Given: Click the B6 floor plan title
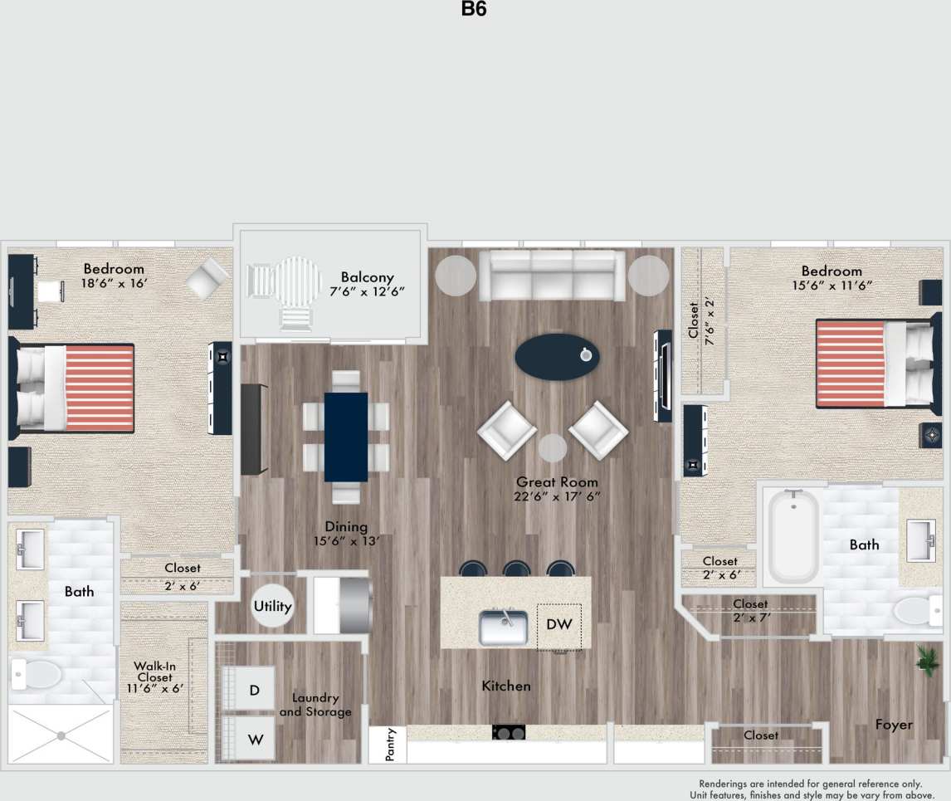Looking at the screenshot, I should tap(474, 10).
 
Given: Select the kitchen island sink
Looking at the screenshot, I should tap(503, 628).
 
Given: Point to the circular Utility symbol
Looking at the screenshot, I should tap(273, 606).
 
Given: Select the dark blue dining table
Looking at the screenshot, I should tap(345, 437).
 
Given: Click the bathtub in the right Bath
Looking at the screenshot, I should tap(793, 536).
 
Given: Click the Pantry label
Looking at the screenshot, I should tap(391, 745).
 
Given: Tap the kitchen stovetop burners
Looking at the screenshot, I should tap(509, 733).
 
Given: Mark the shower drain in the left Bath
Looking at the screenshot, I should tap(61, 734).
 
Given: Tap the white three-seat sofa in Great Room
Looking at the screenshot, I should tap(552, 275).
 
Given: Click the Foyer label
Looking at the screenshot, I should tap(894, 725).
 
